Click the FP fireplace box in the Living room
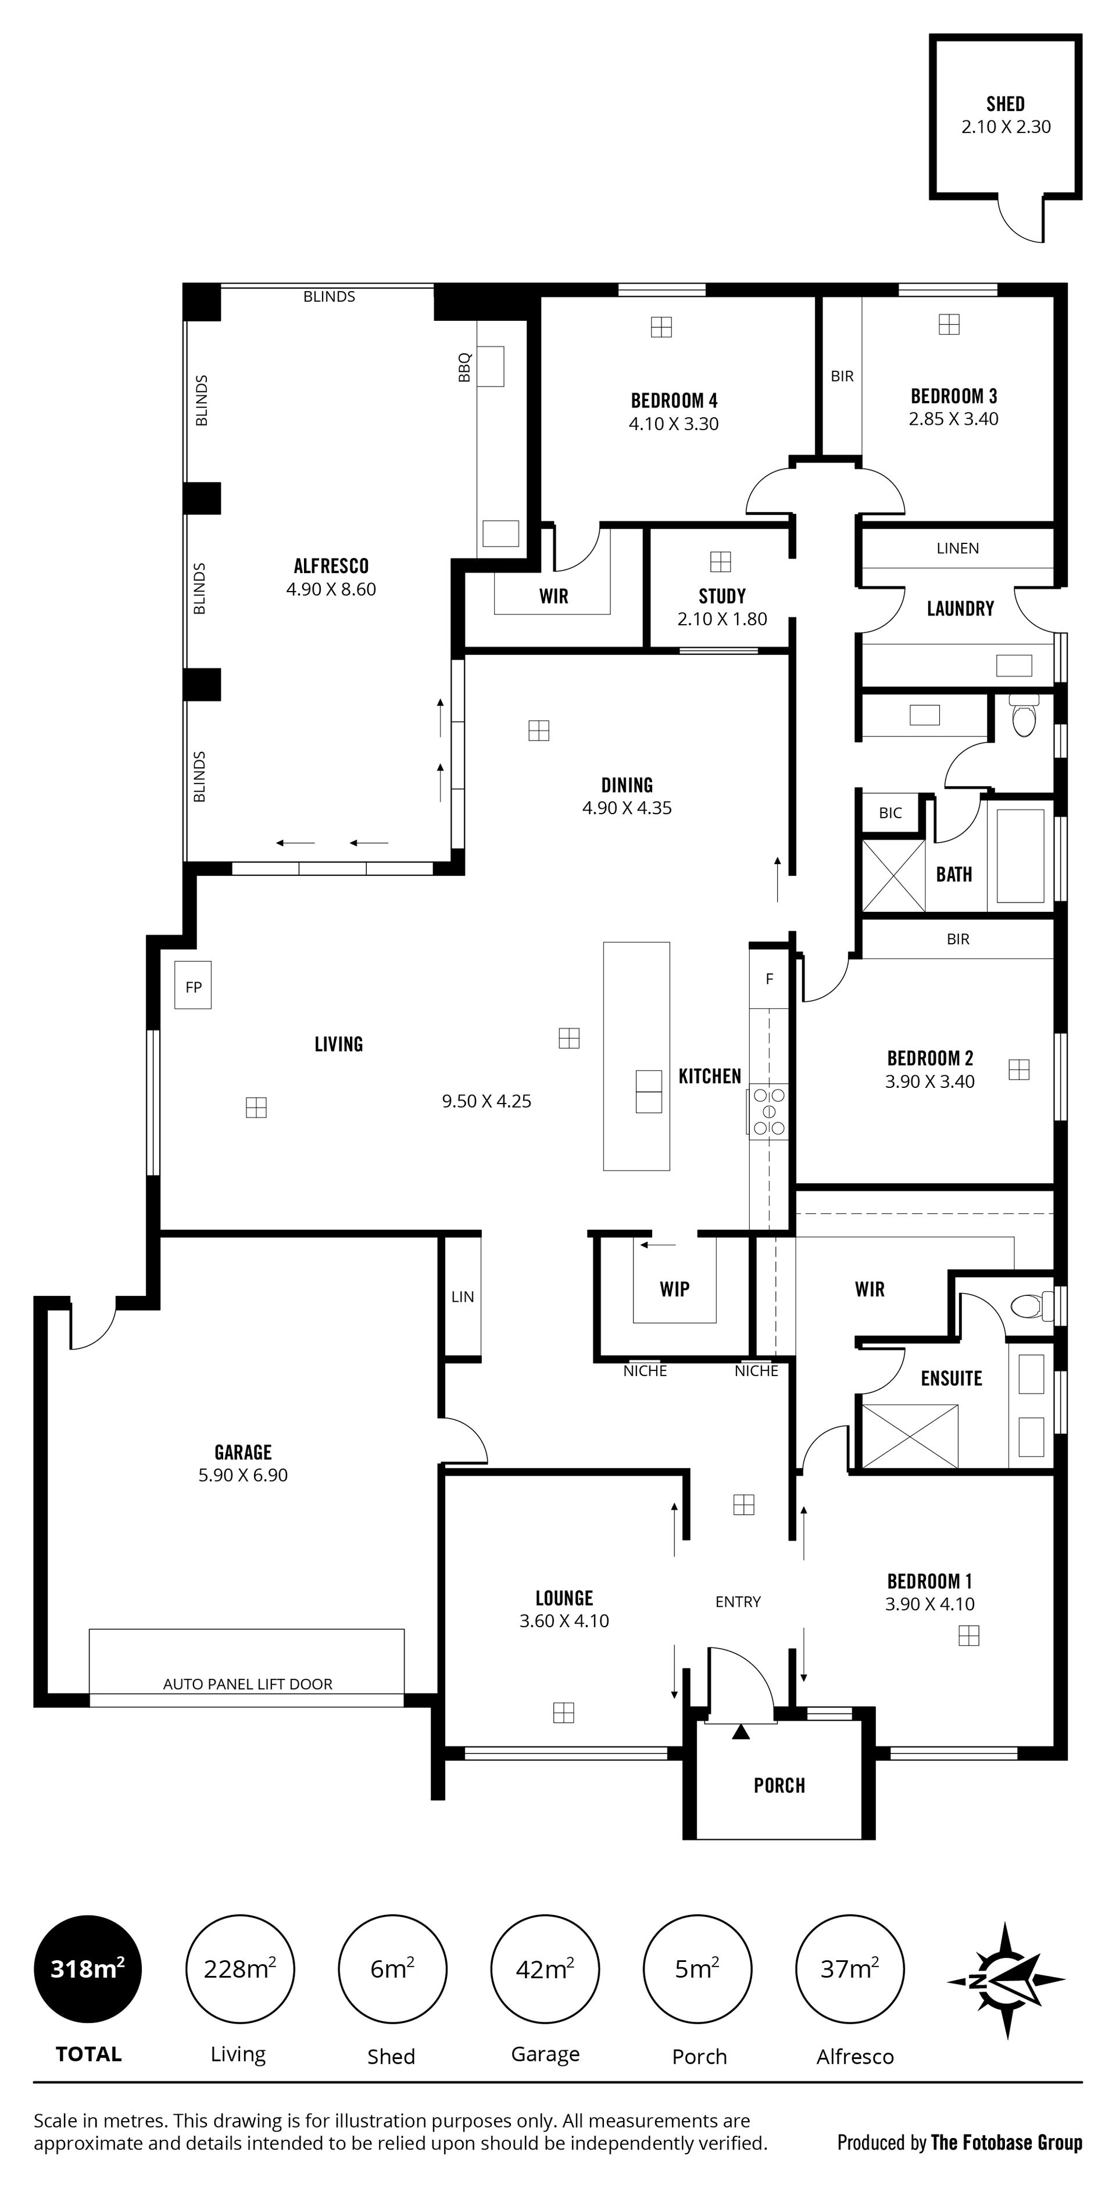tap(193, 985)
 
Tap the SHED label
tap(1006, 103)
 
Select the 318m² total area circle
tap(88, 1969)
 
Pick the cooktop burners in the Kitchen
tap(768, 1111)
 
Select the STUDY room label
tap(722, 596)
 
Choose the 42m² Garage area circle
tap(545, 1969)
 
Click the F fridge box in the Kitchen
tap(770, 979)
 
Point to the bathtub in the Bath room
tap(1020, 855)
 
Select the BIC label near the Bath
tap(890, 813)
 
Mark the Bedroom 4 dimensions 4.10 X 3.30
tap(674, 424)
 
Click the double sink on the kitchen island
tap(649, 1091)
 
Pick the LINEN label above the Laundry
tap(958, 549)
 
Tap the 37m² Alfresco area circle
tap(849, 1969)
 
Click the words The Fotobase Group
tap(1007, 2142)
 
